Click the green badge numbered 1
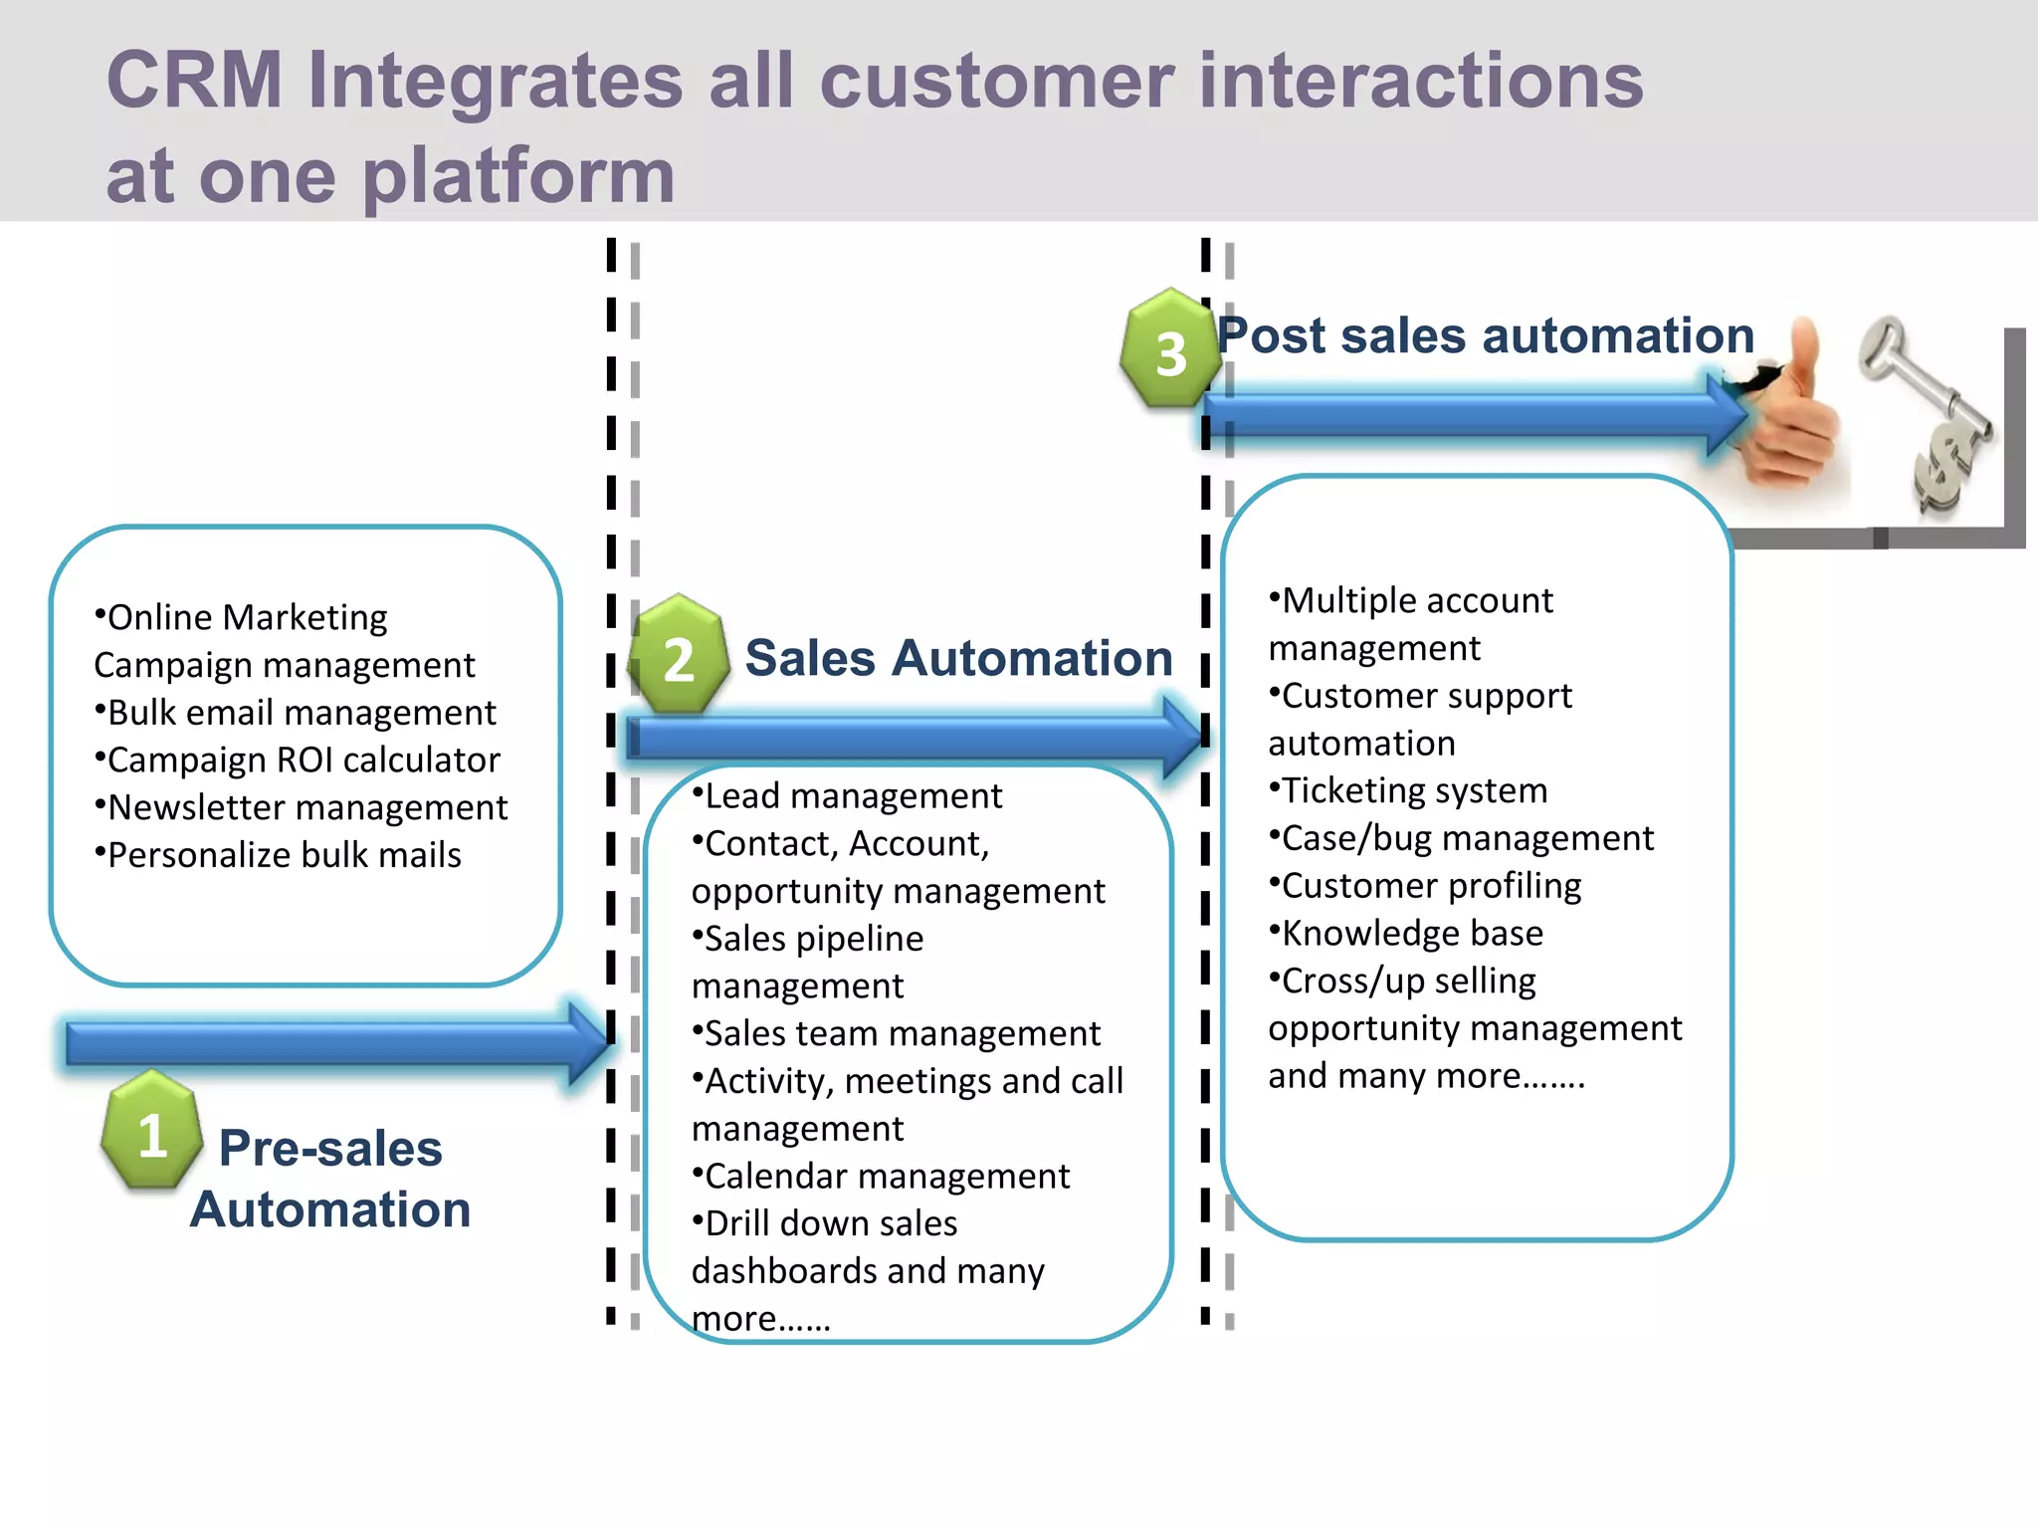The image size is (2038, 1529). point(151,1131)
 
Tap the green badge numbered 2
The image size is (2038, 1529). point(679,656)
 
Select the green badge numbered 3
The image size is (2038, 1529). point(1170,350)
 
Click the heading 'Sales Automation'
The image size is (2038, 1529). point(958,658)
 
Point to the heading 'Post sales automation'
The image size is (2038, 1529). point(1486,335)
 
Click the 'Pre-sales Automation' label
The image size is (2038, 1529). point(330,1179)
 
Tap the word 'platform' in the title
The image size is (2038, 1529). point(517,175)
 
